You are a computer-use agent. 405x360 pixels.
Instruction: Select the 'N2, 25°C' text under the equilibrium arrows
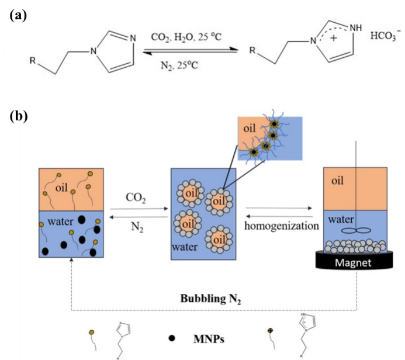click(179, 66)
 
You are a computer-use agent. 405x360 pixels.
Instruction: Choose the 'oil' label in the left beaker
click(63, 188)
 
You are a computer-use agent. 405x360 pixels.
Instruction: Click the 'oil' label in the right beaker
click(338, 181)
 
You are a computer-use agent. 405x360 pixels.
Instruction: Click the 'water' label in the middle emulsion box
click(182, 247)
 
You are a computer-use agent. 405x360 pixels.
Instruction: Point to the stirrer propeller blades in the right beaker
click(356, 231)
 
